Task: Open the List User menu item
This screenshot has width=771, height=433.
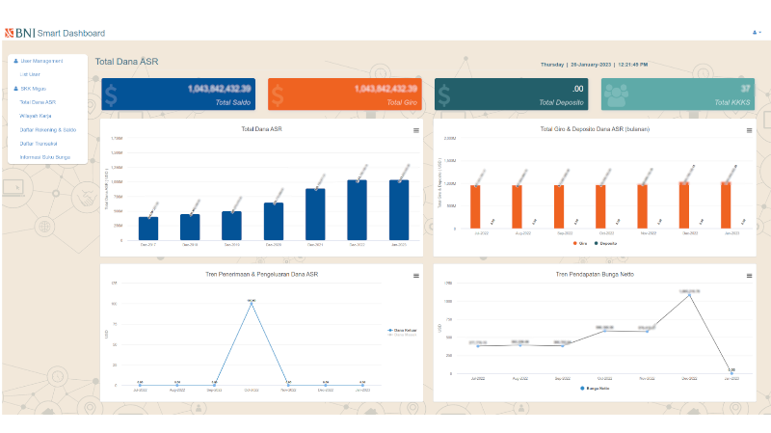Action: tap(30, 73)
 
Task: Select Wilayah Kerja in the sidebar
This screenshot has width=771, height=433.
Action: tap(36, 115)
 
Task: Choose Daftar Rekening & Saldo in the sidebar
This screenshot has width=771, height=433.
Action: tap(47, 129)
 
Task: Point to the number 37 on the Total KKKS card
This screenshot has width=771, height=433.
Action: tap(745, 89)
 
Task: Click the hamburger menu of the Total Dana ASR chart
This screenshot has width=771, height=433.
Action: tap(415, 129)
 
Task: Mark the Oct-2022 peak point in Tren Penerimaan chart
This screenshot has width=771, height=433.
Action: tap(251, 302)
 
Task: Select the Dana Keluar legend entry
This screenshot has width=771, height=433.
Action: tap(403, 330)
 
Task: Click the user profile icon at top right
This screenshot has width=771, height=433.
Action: tap(756, 33)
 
